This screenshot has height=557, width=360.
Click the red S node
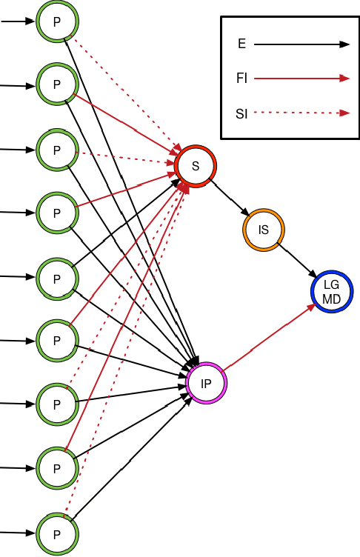[x=196, y=165]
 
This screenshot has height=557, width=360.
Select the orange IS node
[x=263, y=230]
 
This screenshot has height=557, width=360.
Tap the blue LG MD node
[x=331, y=291]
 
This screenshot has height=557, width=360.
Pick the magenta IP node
[x=207, y=383]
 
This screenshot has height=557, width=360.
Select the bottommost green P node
[x=56, y=533]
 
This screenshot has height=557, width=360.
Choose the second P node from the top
[x=56, y=85]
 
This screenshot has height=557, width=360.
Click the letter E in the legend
[x=241, y=44]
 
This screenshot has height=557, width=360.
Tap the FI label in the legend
[x=241, y=76]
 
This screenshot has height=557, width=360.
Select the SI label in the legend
[x=241, y=113]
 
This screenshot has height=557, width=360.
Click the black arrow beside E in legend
[x=301, y=44]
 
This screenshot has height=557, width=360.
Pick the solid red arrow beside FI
[x=301, y=77]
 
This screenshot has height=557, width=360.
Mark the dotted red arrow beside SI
[x=301, y=113]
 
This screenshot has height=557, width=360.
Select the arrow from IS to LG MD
[x=296, y=259]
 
